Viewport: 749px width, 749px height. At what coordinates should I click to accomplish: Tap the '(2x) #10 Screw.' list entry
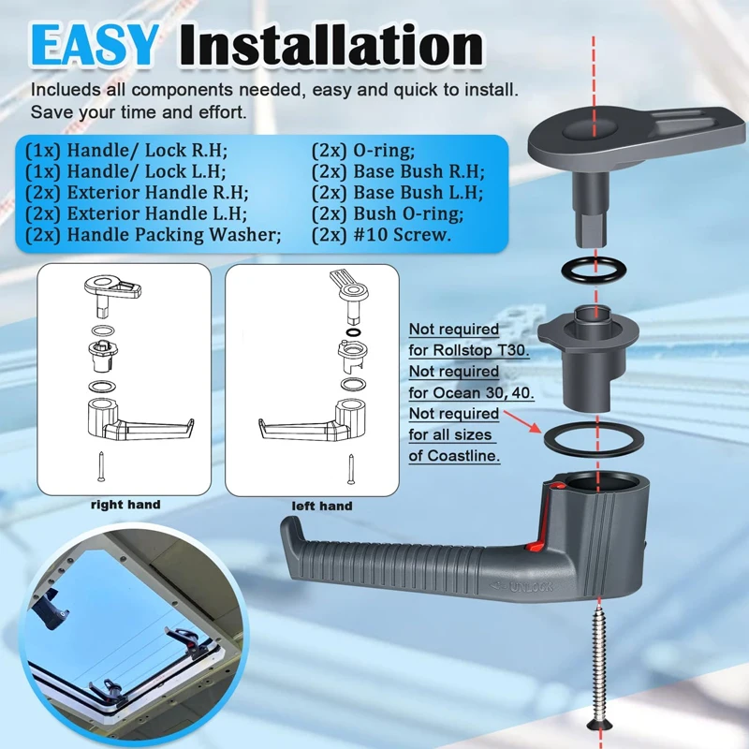381,235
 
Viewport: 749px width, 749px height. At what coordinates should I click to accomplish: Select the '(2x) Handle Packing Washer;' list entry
153,235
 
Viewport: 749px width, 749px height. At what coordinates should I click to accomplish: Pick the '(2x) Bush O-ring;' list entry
388,213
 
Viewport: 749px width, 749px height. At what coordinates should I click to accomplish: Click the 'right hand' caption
125,505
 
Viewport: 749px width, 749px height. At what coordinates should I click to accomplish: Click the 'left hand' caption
322,506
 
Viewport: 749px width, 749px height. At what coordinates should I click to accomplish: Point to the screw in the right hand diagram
101,466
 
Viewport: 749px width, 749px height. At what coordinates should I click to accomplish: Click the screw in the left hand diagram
351,470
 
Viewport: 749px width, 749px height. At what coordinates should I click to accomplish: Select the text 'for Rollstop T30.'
469,350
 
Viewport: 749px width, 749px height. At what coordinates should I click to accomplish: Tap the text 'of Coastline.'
454,456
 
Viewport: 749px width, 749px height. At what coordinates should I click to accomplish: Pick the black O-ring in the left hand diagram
353,332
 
